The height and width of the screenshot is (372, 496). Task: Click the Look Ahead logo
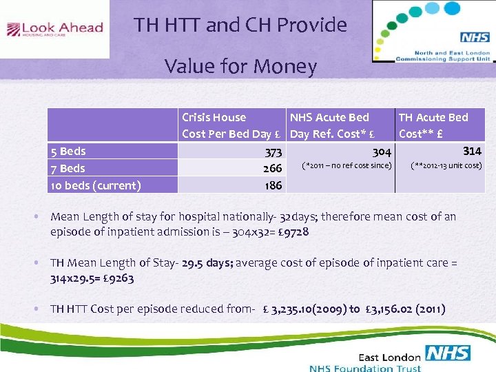click(x=54, y=29)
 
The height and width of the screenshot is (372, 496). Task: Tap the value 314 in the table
click(x=472, y=151)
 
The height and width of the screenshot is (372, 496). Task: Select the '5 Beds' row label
click(x=68, y=151)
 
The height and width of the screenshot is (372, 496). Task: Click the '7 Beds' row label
click(x=68, y=168)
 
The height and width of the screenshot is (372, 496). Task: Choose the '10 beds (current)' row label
click(x=96, y=185)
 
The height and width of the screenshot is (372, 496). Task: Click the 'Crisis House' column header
click(x=214, y=117)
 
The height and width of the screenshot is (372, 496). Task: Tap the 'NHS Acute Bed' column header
click(x=329, y=117)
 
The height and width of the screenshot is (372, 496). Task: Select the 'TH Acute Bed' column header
click(x=433, y=117)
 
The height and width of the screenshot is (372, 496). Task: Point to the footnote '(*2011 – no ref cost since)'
click(x=347, y=165)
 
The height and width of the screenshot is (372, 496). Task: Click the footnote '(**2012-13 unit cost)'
click(x=446, y=165)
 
